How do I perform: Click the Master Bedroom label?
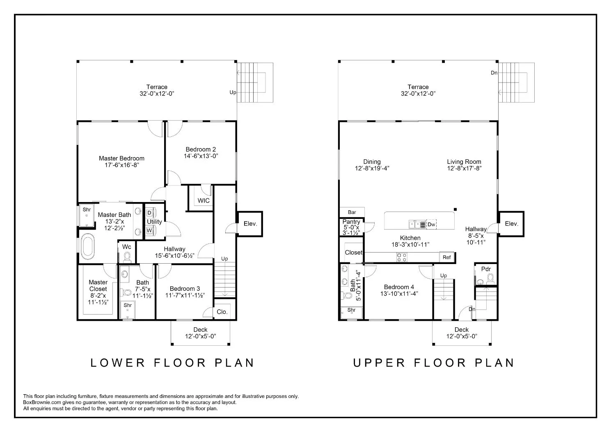121,158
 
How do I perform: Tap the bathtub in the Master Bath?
87,246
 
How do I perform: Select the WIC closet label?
204,200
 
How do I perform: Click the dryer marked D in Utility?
149,213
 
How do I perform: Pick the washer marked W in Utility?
149,231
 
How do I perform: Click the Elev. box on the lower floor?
250,224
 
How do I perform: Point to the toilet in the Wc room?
127,257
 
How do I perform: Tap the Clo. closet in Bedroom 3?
222,312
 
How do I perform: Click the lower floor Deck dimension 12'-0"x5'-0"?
200,336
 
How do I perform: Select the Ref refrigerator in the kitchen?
447,257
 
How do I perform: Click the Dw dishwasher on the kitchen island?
431,225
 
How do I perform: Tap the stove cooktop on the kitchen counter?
401,257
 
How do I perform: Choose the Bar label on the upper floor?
352,212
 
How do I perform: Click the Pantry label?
351,222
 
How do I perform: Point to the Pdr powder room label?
486,269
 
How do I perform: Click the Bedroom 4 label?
399,287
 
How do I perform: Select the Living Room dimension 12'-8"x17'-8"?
464,168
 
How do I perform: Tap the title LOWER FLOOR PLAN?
172,363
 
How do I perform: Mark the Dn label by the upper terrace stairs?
494,73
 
